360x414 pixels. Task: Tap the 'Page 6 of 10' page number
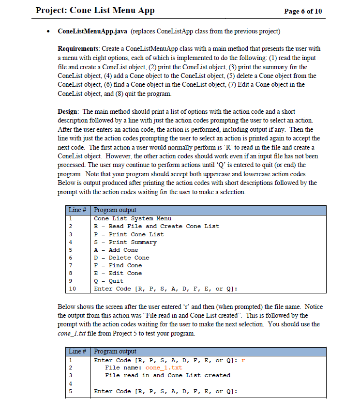[x=303, y=11]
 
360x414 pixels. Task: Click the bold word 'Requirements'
[x=79, y=49]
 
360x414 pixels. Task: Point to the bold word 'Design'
[x=68, y=112]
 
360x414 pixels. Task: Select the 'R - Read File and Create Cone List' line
[x=156, y=226]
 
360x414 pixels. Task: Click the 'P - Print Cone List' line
[x=128, y=234]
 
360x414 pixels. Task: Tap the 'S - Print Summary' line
[x=125, y=242]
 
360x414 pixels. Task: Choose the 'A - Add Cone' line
[x=116, y=250]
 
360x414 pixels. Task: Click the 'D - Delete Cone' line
[x=121, y=258]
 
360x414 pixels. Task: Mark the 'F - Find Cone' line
[x=118, y=265]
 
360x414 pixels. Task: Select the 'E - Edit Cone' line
[x=118, y=273]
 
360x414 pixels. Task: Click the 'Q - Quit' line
[x=108, y=281]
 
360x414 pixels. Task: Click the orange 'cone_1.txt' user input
[x=164, y=368]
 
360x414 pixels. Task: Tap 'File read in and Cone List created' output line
[x=167, y=375]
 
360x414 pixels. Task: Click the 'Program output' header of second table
[x=115, y=352]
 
